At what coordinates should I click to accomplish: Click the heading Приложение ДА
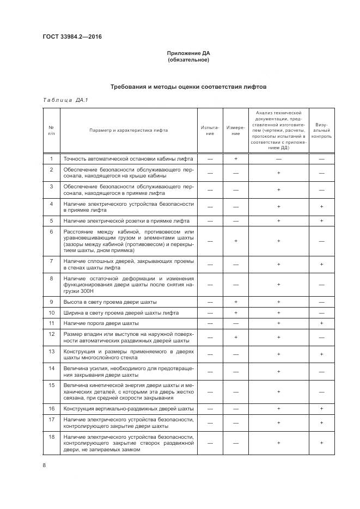click(188, 53)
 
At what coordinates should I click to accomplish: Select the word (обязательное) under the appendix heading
click(188, 60)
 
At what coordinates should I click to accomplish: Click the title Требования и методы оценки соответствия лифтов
click(188, 87)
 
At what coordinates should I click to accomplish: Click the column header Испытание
click(209, 130)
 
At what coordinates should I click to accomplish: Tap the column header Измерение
click(235, 130)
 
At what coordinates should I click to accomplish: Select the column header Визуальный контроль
click(321, 130)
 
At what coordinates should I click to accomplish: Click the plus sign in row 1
click(235, 158)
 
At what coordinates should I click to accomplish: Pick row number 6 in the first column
click(51, 231)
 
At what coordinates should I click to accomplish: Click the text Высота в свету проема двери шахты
click(110, 302)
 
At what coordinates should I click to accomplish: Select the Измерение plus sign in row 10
click(235, 312)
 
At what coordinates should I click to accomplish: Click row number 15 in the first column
click(51, 385)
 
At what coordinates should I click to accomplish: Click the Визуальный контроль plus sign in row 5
click(321, 220)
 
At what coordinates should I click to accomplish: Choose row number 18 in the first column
click(51, 437)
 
